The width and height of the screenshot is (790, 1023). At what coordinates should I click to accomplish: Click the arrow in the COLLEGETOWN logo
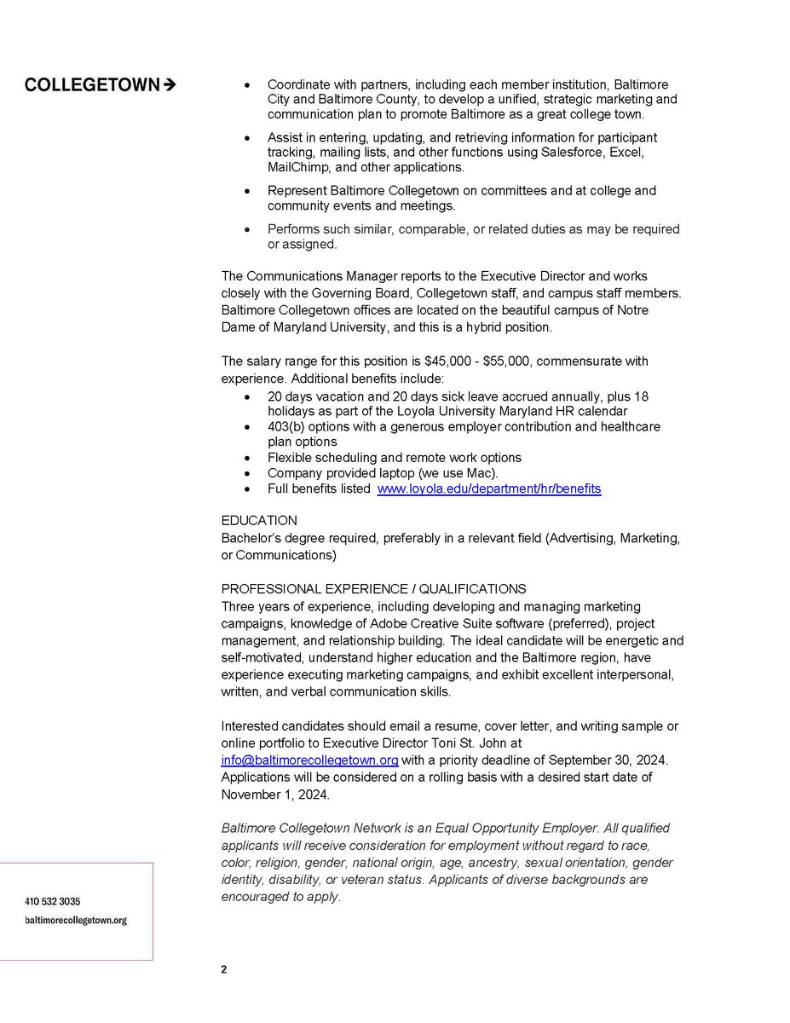tap(169, 85)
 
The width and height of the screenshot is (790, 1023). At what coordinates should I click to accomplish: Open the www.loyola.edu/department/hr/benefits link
tap(489, 488)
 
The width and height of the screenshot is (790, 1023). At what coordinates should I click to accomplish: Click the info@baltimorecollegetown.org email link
tap(309, 760)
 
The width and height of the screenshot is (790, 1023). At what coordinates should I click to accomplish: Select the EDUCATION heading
tap(259, 521)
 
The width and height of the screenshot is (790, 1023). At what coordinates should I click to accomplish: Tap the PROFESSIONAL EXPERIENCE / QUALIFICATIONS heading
tap(373, 589)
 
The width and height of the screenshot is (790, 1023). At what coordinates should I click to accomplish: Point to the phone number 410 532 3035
tap(53, 901)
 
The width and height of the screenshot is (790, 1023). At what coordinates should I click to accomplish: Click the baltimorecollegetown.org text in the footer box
tap(76, 921)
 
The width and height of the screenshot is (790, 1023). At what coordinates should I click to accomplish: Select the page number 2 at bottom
tap(224, 969)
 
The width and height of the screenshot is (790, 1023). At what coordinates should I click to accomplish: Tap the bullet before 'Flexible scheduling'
tap(247, 458)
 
